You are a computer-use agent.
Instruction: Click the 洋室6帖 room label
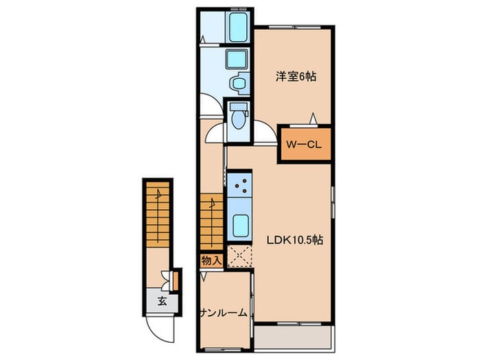pos(296,76)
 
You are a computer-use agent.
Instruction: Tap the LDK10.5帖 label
pos(294,240)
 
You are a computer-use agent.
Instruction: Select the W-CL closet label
pos(304,145)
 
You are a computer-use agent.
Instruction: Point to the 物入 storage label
pos(211,261)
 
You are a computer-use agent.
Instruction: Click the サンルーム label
pos(224,313)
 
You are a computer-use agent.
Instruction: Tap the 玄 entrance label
pos(163,302)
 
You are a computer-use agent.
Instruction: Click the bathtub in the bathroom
pos(238,27)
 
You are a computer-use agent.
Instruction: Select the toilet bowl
pos(238,119)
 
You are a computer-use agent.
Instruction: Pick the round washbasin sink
pos(238,83)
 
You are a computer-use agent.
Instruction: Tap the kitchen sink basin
pos(240,226)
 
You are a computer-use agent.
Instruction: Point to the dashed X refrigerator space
pos(240,256)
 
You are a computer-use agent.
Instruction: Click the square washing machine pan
pos(237,59)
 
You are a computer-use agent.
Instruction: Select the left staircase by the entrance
pos(158,215)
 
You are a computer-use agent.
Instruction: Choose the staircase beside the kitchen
pos(211,221)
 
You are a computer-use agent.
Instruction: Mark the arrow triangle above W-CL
pos(313,119)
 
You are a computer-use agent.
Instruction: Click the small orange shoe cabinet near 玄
pos(176,280)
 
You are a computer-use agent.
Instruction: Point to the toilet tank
pos(239,107)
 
